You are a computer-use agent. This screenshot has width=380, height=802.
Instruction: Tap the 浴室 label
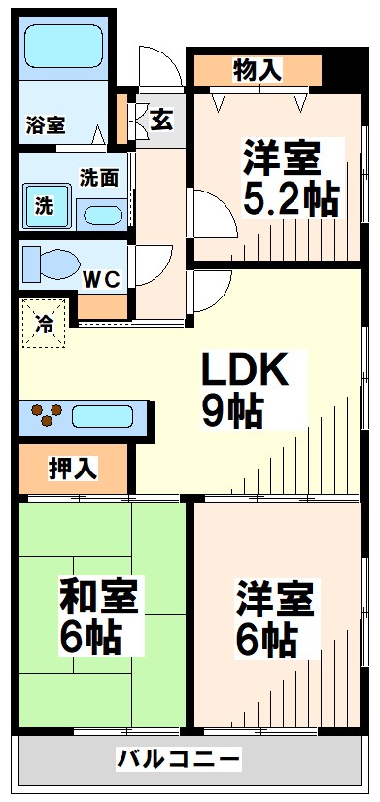pos(46,124)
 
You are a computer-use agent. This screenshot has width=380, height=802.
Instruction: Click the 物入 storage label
pos(258,69)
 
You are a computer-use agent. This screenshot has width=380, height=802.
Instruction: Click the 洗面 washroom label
pos(99,178)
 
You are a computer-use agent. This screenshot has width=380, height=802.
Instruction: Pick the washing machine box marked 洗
pos(45,206)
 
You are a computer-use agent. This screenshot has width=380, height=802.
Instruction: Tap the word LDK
pos(244,370)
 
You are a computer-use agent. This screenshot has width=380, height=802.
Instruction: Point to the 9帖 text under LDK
pos(232,413)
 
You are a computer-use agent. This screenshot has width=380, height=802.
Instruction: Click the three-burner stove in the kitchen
pos(47,415)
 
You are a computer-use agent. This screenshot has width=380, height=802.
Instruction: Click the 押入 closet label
pos(73,468)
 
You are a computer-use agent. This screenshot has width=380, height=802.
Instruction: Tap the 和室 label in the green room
pos(98,594)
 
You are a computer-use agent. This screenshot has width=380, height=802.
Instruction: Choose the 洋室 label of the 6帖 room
pos(277,598)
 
